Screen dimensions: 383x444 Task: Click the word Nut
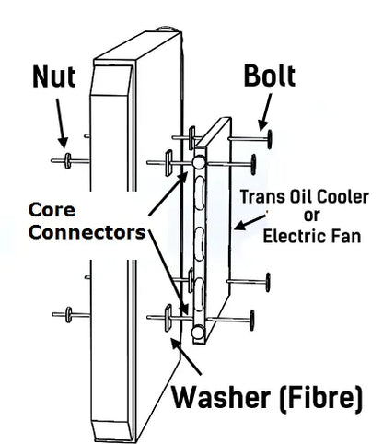tap(54, 76)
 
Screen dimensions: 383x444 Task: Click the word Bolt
tap(270, 76)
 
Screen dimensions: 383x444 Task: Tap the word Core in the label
tap(52, 210)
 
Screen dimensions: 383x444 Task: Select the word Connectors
tap(87, 233)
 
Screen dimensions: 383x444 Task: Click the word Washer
tap(221, 398)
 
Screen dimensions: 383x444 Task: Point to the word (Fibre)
tap(321, 398)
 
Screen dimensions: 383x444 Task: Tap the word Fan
tap(346, 237)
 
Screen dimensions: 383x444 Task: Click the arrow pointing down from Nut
tap(62, 123)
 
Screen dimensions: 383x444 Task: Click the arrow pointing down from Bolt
tap(265, 112)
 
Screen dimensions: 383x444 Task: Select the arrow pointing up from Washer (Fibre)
tap(186, 356)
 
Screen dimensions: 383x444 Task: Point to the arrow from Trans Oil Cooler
tap(250, 222)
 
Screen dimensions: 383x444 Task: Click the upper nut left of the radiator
tap(68, 160)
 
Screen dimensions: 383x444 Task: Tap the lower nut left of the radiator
tap(69, 315)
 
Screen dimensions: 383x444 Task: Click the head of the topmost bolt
tap(270, 139)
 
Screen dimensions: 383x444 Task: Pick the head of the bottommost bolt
tap(252, 321)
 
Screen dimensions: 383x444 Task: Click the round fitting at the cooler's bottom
tap(198, 333)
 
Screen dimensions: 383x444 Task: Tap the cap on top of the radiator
tap(168, 29)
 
